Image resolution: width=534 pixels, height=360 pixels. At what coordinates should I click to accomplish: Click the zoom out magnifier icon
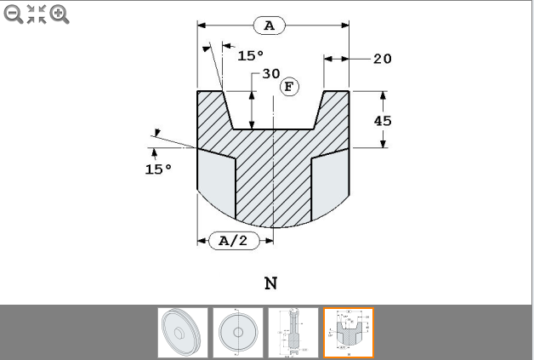(x=13, y=14)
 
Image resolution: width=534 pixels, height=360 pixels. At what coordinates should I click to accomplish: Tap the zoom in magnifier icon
(x=60, y=14)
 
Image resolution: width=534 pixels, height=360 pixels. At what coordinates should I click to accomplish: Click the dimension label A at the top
(x=270, y=26)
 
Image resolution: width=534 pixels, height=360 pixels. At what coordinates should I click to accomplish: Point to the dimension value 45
(x=383, y=121)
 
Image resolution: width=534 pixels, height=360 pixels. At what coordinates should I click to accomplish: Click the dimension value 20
(x=382, y=59)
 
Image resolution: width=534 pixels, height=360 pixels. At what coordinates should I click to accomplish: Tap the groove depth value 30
(x=270, y=74)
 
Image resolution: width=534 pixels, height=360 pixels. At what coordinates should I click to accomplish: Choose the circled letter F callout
(x=291, y=87)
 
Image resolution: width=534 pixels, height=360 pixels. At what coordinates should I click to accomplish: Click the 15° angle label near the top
(x=251, y=56)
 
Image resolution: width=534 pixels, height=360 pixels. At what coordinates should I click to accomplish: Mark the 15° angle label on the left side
(x=158, y=169)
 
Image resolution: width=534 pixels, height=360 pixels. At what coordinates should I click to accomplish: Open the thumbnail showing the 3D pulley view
(x=183, y=333)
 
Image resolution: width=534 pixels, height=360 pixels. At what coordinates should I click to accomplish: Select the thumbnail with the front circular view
(x=237, y=333)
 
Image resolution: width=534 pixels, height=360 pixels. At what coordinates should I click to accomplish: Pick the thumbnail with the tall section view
(x=293, y=333)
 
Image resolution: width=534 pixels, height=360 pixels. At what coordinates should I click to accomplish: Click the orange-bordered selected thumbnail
(x=348, y=333)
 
